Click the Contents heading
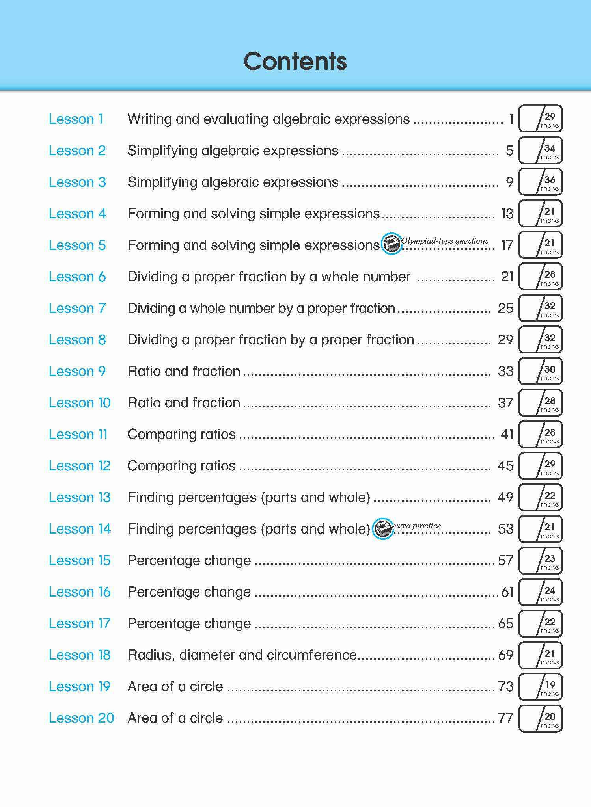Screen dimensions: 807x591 pyautogui.click(x=295, y=61)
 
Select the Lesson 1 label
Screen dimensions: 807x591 pyautogui.click(x=76, y=119)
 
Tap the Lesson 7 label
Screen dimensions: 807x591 pyautogui.click(x=77, y=308)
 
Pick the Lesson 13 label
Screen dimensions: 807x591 pyautogui.click(x=80, y=497)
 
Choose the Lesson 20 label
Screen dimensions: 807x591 pyautogui.click(x=81, y=718)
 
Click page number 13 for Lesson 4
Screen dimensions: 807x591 pyautogui.click(x=507, y=214)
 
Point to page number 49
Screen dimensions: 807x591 pyautogui.click(x=505, y=497)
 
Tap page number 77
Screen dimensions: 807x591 pyautogui.click(x=506, y=718)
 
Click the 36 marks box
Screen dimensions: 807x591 pyautogui.click(x=541, y=182)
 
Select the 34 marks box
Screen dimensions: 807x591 pyautogui.click(x=541, y=151)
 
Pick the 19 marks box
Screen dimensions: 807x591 pyautogui.click(x=541, y=686)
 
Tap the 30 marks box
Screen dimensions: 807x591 pyautogui.click(x=541, y=371)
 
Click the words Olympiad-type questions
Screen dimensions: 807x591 pyautogui.click(x=445, y=241)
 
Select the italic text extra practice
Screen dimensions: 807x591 pyautogui.click(x=417, y=526)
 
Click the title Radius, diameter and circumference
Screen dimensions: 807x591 pyautogui.click(x=242, y=655)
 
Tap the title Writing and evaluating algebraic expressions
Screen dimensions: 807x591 pyautogui.click(x=268, y=119)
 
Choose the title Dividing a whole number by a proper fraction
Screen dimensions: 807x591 pyautogui.click(x=261, y=308)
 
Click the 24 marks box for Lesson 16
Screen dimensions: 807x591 pyautogui.click(x=541, y=592)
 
